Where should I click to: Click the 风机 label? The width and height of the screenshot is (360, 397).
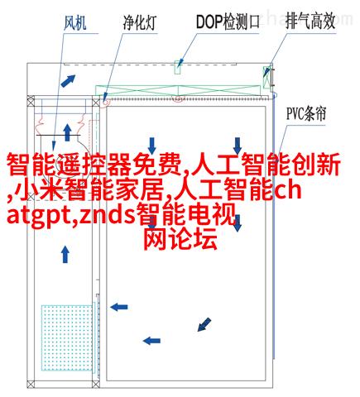pyautogui.click(x=75, y=23)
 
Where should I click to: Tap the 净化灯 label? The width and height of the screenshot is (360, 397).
pyautogui.click(x=140, y=22)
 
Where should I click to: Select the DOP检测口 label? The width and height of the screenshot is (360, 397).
pyautogui.click(x=228, y=22)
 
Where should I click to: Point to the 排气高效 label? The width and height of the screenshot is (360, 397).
pyautogui.click(x=310, y=21)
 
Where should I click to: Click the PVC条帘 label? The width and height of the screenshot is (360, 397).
pyautogui.click(x=306, y=113)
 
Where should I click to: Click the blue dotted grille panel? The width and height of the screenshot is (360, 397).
pyautogui.click(x=67, y=337)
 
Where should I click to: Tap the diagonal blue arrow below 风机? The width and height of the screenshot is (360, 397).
pyautogui.click(x=68, y=81)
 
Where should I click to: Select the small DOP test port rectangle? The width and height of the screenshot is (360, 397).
pyautogui.click(x=178, y=67)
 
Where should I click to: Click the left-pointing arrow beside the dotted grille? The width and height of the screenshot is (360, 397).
pyautogui.click(x=119, y=307)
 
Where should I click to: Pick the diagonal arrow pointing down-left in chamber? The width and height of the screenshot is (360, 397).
pyautogui.click(x=204, y=324)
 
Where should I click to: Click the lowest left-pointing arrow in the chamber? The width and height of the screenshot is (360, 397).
pyautogui.click(x=151, y=341)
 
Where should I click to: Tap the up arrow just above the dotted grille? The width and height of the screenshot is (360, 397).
pyautogui.click(x=65, y=254)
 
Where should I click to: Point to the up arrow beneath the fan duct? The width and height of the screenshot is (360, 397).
pyautogui.click(x=67, y=132)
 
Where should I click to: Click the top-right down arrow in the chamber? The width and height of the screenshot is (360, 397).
pyautogui.click(x=238, y=146)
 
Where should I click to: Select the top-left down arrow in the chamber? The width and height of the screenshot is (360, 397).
pyautogui.click(x=151, y=146)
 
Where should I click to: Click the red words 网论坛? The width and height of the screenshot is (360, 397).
pyautogui.click(x=180, y=239)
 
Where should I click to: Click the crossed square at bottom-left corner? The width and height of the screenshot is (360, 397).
pyautogui.click(x=31, y=384)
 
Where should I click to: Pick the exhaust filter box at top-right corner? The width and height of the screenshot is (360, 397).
pyautogui.click(x=266, y=77)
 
